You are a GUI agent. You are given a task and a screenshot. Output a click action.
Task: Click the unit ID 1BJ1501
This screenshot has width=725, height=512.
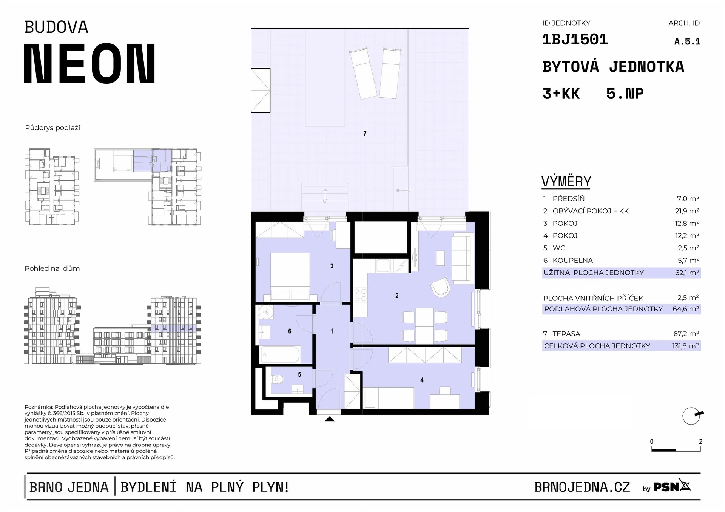[x=575, y=40]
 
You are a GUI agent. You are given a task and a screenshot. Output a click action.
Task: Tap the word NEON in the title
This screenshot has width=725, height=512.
[x=89, y=63]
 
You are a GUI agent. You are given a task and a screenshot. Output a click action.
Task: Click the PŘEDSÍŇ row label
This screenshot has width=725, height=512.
[x=568, y=199]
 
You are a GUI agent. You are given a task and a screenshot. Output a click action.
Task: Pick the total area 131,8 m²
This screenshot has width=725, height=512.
[x=685, y=346]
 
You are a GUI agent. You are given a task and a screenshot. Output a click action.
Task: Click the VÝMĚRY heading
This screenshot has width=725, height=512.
[x=566, y=182]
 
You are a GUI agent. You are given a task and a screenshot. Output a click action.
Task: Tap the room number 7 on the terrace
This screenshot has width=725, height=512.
[x=365, y=133]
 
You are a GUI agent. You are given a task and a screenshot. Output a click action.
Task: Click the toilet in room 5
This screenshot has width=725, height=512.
[x=278, y=378]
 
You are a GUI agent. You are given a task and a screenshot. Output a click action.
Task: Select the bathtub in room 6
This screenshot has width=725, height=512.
[x=280, y=355]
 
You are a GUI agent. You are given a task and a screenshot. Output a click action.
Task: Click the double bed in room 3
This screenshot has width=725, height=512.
[x=290, y=276]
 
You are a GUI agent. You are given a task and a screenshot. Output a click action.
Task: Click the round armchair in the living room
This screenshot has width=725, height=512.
[x=440, y=288]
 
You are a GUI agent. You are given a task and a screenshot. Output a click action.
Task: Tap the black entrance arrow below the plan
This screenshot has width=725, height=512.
[x=330, y=419]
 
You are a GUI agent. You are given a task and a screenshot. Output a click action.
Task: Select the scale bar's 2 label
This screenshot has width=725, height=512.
[x=700, y=441]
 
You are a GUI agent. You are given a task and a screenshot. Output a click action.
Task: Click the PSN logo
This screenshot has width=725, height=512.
[x=672, y=487]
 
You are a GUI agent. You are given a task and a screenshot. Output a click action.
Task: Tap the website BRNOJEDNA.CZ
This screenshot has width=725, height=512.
[x=582, y=487]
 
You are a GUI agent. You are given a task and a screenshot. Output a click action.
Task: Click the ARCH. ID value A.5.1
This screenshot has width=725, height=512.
[x=687, y=42]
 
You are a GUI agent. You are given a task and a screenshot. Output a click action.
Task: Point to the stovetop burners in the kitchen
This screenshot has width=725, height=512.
[x=360, y=295]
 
